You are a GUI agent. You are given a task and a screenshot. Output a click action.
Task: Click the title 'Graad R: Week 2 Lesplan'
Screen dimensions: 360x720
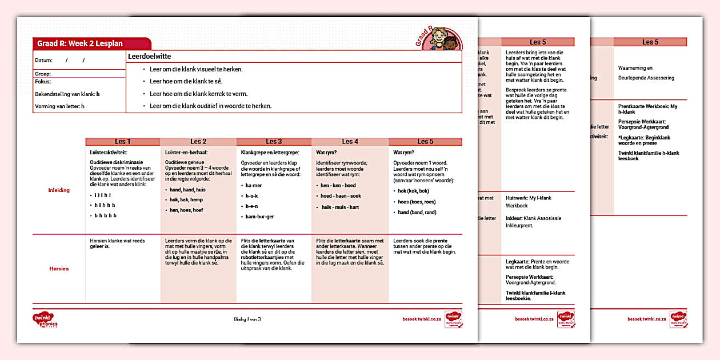(x=80, y=44)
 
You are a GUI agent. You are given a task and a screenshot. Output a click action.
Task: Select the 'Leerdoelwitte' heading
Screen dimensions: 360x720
(x=150, y=57)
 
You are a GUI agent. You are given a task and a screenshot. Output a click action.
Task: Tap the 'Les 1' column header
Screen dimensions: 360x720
(x=123, y=142)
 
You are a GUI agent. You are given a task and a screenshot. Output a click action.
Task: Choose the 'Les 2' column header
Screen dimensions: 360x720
(x=198, y=142)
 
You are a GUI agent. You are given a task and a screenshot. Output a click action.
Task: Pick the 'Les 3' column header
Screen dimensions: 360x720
(x=274, y=142)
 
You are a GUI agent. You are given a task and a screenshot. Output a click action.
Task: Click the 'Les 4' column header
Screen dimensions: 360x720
(x=350, y=142)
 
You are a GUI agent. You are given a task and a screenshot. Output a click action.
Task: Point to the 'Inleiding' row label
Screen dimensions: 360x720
(x=58, y=190)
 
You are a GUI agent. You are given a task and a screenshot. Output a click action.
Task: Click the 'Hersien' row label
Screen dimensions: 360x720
(x=58, y=269)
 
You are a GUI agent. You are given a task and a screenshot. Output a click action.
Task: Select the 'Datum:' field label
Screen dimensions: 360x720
(x=43, y=60)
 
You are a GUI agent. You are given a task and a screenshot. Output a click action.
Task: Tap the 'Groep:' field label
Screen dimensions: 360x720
(x=43, y=74)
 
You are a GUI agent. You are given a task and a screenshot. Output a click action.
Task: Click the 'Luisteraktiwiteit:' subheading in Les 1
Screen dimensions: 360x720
(x=109, y=153)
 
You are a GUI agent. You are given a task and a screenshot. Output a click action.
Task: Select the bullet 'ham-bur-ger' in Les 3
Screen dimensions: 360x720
(x=260, y=217)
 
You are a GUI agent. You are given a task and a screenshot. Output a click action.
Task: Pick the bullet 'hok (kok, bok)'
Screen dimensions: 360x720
(x=413, y=191)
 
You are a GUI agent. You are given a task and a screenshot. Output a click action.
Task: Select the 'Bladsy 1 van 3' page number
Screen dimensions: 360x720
(x=247, y=319)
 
